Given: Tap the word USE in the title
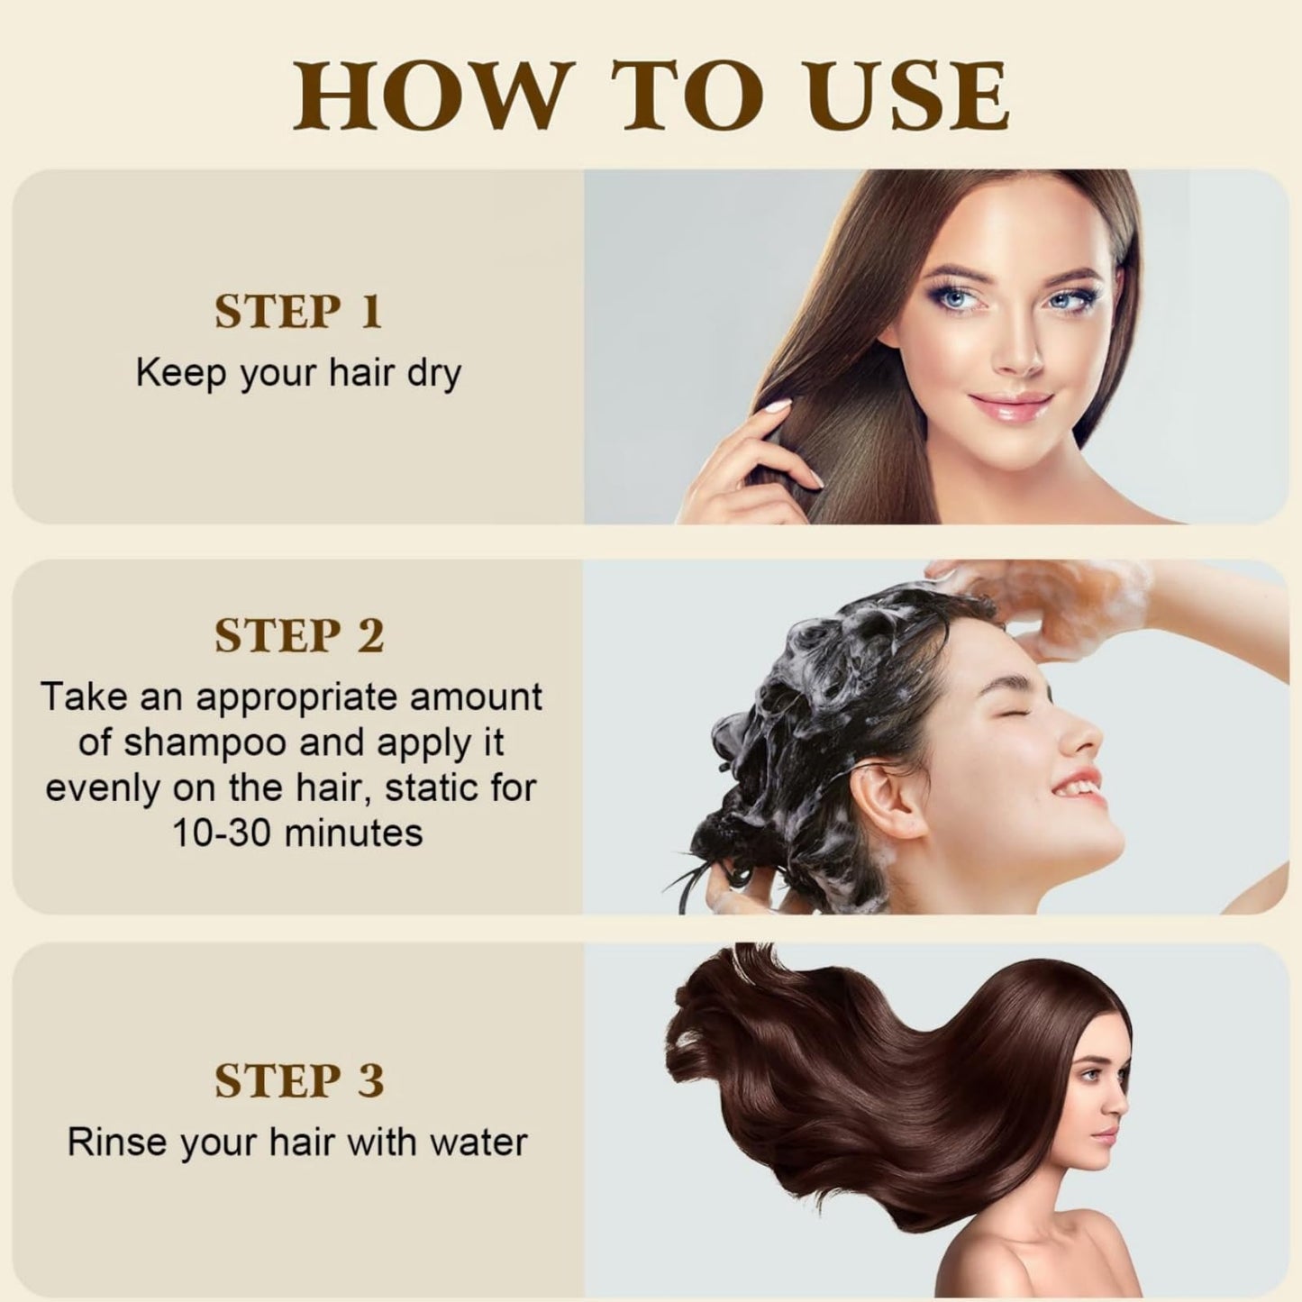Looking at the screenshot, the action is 905,96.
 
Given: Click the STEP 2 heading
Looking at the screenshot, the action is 298,635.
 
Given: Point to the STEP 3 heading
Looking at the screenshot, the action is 298,1079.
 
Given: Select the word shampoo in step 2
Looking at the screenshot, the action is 203,743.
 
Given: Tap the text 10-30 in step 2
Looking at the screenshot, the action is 223,833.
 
